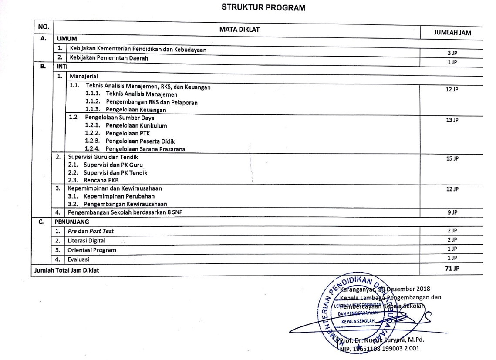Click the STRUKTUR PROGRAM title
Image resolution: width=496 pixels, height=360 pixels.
pos(263,7)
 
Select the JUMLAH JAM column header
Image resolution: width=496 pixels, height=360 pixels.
pos(452,32)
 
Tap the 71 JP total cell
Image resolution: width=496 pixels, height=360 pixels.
pos(452,269)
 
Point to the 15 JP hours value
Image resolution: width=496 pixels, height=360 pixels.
pos(452,158)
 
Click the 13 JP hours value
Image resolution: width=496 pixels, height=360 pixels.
pos(452,120)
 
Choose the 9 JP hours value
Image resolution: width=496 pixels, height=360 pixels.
pos(452,212)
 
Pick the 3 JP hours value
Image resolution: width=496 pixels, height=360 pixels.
pos(452,53)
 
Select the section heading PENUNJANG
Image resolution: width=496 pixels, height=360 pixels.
pos(72,222)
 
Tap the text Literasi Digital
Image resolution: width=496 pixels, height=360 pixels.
pos(86,240)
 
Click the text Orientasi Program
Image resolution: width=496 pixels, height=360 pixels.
pos(91,250)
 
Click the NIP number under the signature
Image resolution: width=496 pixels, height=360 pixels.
pos(379,348)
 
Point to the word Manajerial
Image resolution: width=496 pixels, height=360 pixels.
pos(84,76)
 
